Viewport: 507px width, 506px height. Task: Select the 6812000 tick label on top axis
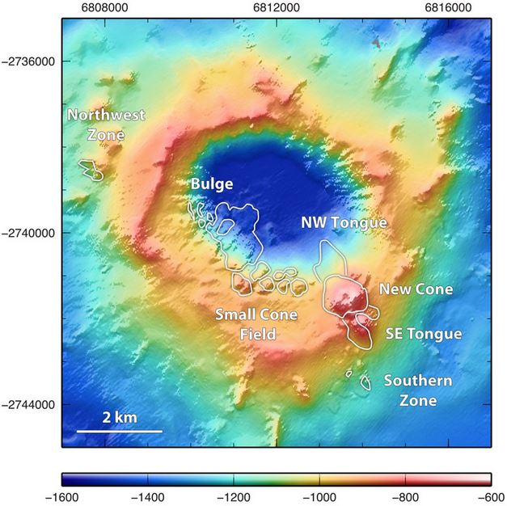coord(277,6)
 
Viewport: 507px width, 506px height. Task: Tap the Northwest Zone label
coord(106,124)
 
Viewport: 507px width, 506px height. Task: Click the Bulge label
coord(212,184)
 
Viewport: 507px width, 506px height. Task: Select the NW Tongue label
coord(344,222)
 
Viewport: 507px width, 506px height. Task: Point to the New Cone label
coord(416,289)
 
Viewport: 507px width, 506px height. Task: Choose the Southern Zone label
coord(417,390)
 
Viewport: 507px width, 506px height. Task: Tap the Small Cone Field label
coord(256,324)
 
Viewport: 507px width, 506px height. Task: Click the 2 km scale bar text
coord(120,417)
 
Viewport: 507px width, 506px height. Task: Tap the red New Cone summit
coord(349,295)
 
